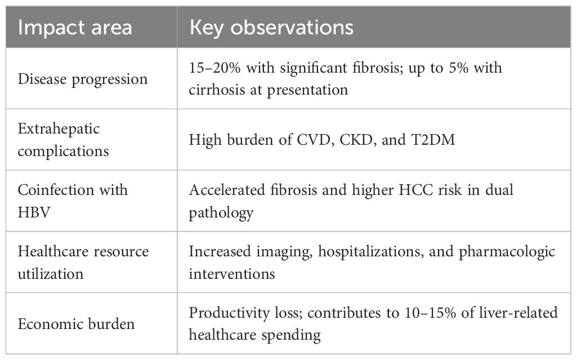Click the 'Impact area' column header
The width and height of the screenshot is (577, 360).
[75, 28]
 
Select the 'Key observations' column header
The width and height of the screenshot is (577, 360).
[271, 28]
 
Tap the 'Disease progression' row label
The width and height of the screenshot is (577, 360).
[82, 79]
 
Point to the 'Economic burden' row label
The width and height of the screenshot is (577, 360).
[76, 324]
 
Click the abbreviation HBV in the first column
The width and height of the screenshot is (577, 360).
[33, 212]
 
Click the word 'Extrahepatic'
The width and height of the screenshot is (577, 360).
[59, 129]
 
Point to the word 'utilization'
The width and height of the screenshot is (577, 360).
[51, 274]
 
